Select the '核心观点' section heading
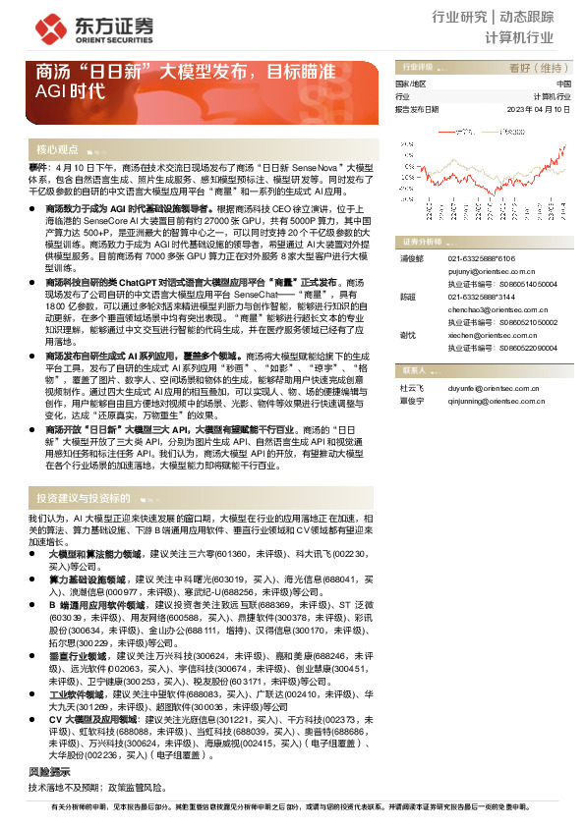(57, 149)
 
